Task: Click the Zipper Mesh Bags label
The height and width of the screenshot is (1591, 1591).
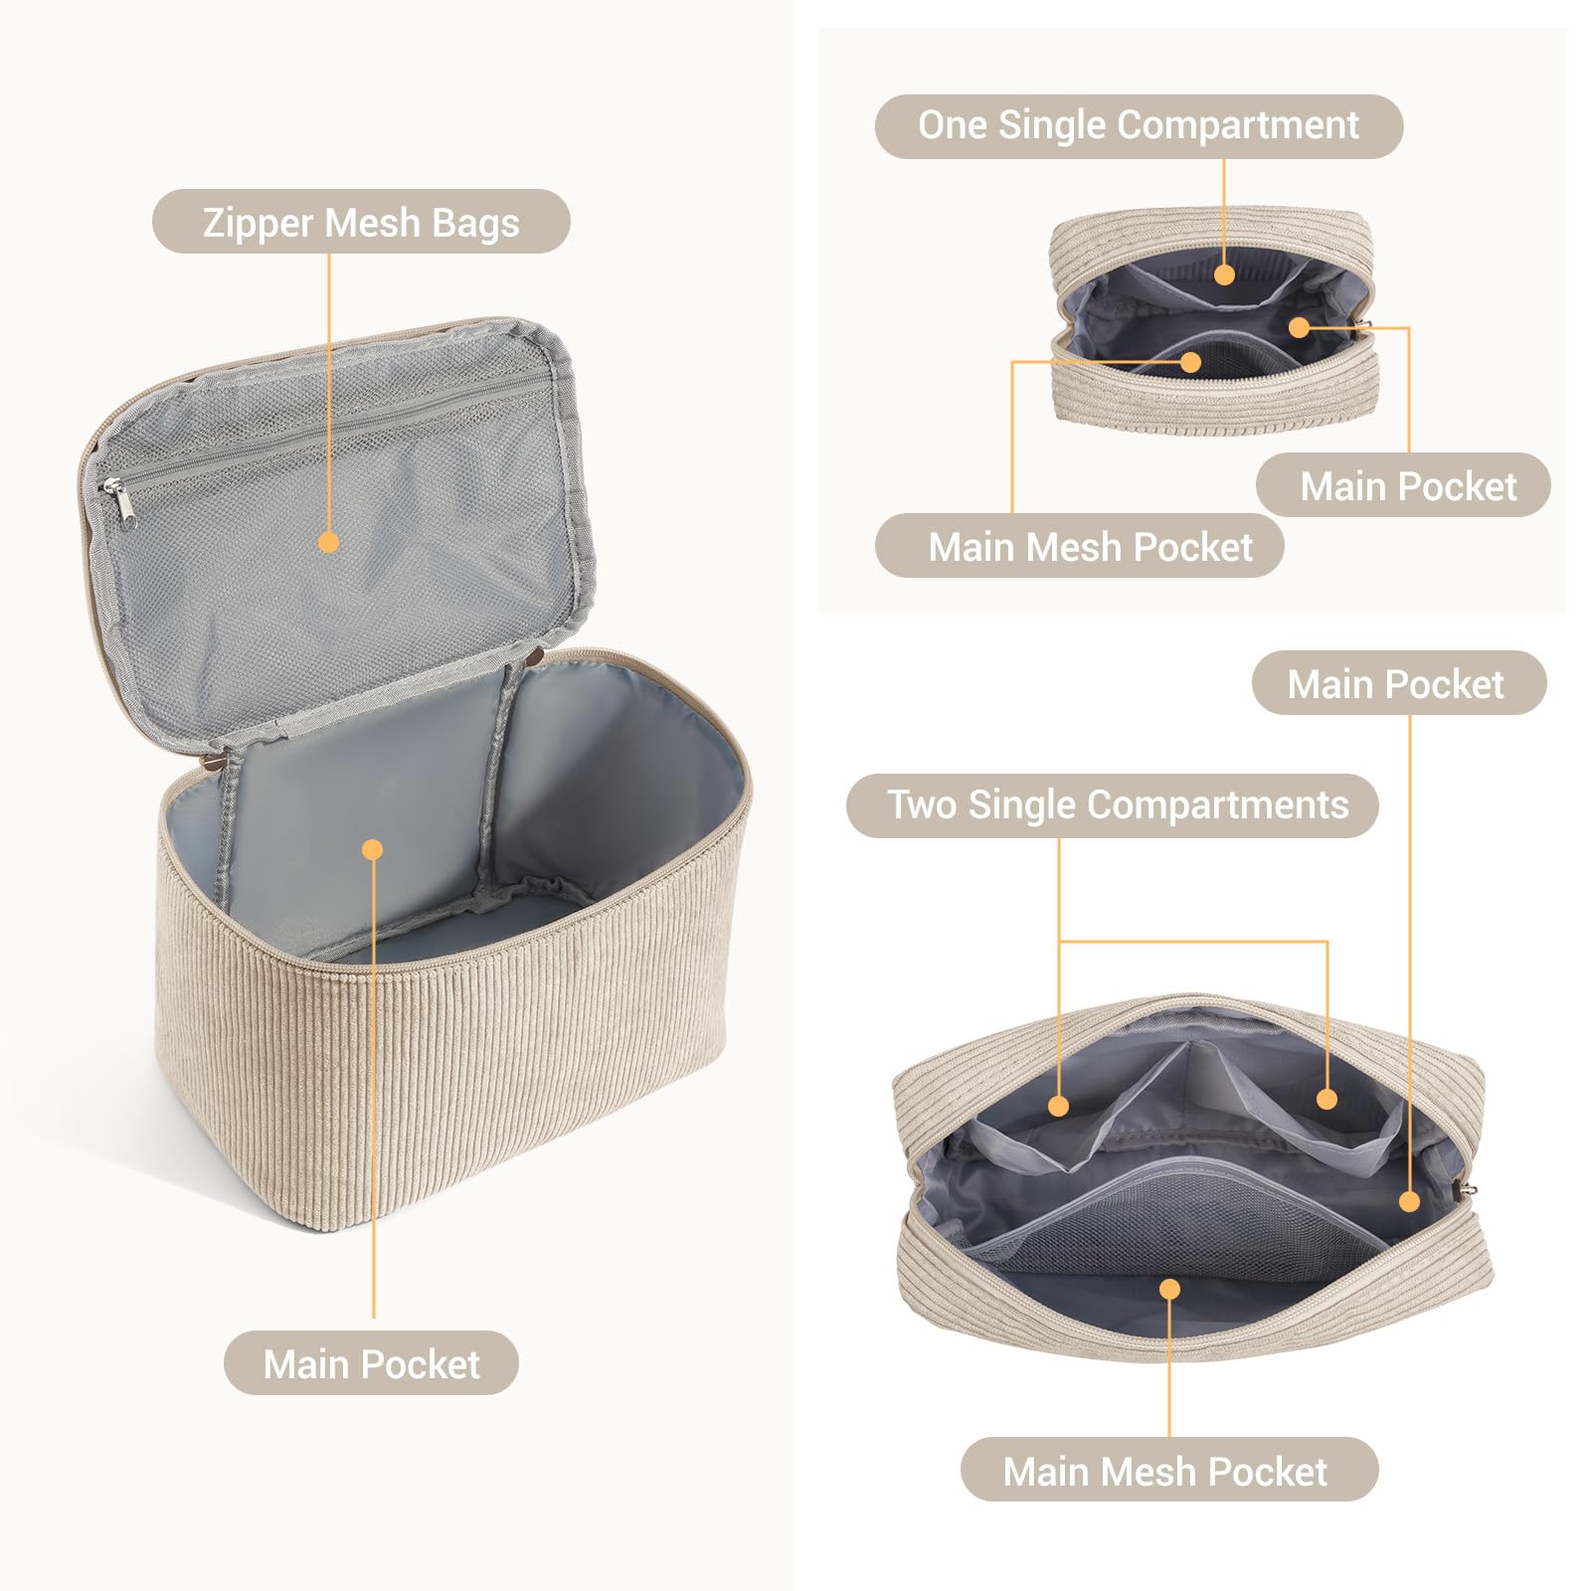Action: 361,222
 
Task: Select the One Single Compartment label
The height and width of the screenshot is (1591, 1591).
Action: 1139,126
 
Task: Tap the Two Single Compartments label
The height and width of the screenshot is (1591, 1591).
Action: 1113,805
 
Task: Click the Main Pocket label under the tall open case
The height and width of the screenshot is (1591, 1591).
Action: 371,1363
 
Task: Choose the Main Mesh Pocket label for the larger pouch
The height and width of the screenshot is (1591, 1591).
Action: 1169,1470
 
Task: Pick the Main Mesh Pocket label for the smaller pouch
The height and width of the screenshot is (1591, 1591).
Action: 1080,546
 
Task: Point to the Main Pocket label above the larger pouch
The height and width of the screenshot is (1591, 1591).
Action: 1399,683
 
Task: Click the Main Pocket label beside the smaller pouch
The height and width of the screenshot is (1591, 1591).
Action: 1403,485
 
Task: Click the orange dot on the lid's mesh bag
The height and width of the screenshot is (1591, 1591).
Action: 329,542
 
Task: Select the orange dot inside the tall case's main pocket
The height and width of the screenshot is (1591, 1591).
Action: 373,849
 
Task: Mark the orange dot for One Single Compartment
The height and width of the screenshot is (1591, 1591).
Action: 1224,273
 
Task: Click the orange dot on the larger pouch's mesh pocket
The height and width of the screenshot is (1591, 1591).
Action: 1169,1289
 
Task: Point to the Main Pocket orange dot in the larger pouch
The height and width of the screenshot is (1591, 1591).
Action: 1409,1201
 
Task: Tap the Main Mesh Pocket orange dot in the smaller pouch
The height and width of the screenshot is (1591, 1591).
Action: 1190,362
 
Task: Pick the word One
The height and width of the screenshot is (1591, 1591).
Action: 953,125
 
